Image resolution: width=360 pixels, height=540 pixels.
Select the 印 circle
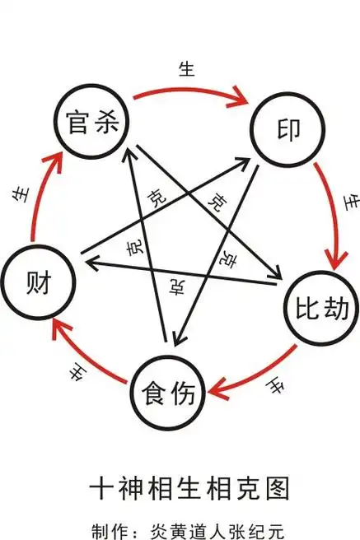point(286,130)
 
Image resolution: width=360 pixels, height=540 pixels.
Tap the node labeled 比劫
point(322,307)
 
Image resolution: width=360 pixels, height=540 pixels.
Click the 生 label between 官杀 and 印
point(186,69)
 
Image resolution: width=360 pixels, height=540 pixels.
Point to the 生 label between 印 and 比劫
point(350,200)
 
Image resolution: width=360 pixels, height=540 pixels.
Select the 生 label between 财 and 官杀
point(16,194)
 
